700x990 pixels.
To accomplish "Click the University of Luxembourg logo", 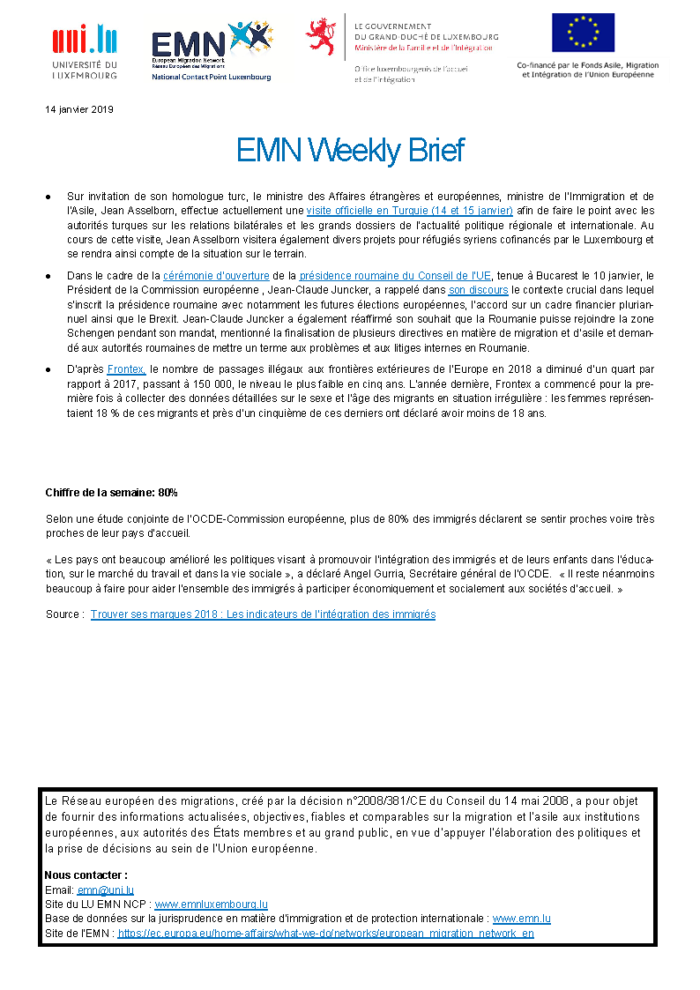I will (x=85, y=52).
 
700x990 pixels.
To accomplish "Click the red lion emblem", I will (x=321, y=36).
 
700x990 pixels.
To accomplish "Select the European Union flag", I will (x=583, y=33).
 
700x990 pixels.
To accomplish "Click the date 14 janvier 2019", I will (x=79, y=109).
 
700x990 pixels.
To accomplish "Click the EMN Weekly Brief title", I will (x=350, y=151).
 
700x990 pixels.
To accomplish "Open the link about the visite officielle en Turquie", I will (x=409, y=211).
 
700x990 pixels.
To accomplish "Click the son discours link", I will (x=478, y=289).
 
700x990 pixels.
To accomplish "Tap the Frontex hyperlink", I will (x=126, y=370).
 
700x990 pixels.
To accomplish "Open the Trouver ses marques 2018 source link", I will (x=263, y=614).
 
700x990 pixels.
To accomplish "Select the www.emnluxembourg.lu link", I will (x=211, y=904).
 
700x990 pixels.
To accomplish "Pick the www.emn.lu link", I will (x=521, y=919).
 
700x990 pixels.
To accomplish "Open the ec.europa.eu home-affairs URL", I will (x=325, y=933).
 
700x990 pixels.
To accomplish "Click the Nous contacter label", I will (x=86, y=875).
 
